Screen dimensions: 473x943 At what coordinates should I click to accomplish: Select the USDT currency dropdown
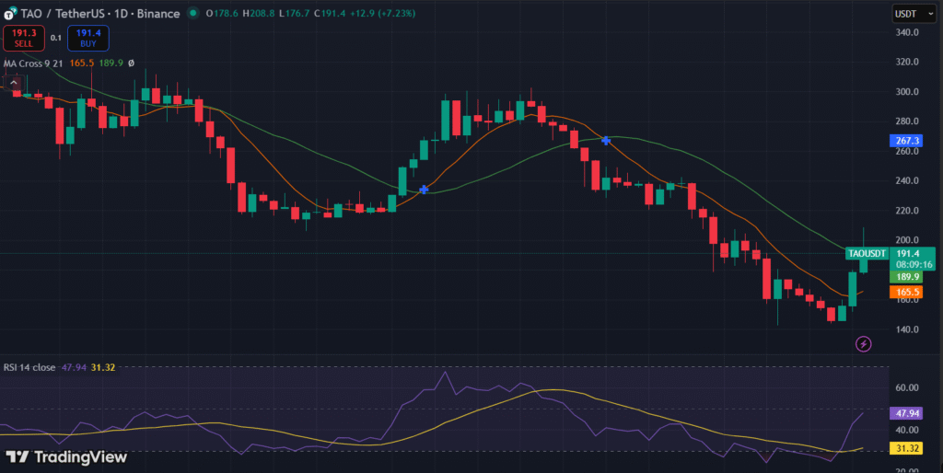907,14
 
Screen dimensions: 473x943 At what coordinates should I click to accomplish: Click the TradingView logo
66,456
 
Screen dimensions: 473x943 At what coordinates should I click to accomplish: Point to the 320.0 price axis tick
908,62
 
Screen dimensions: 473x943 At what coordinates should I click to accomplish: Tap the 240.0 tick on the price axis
908,180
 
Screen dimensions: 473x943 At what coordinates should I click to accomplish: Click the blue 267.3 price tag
906,141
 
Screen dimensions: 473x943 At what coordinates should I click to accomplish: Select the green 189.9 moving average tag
906,276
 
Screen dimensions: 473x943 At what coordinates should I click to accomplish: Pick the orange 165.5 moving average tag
906,292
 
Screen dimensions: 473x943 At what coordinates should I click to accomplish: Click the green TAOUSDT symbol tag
867,253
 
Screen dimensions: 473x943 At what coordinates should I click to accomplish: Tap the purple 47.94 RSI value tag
906,414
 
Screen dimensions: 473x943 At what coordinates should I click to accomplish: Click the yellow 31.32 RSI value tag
906,447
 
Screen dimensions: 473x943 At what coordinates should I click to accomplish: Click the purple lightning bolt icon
864,344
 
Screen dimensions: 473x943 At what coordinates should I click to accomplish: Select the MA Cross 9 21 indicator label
33,63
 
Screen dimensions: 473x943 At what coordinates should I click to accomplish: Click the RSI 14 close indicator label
29,367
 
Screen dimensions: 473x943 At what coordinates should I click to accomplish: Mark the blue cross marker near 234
424,190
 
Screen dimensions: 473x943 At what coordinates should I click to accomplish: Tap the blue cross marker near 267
606,140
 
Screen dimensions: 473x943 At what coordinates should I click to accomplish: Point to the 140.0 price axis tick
908,329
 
